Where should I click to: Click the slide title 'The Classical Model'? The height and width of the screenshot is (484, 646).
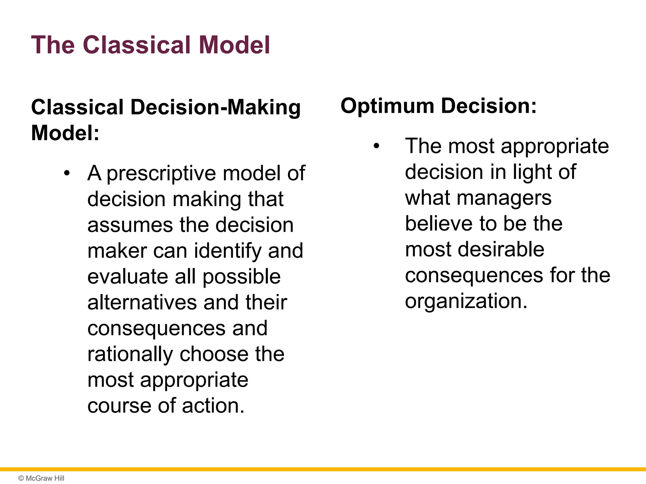click(x=150, y=45)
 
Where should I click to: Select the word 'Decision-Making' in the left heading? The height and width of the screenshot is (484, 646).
click(x=215, y=107)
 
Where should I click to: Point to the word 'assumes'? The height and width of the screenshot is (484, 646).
click(x=130, y=225)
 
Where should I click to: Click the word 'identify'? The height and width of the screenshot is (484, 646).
click(x=227, y=251)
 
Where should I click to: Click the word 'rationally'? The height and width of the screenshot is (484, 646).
click(x=130, y=354)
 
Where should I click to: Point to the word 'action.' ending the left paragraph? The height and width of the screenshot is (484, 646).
click(x=213, y=406)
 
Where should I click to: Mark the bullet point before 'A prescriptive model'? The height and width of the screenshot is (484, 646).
click(x=67, y=173)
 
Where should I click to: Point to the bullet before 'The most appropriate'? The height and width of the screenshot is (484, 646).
click(x=376, y=146)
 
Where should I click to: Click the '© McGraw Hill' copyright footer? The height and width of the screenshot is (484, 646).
click(x=41, y=478)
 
